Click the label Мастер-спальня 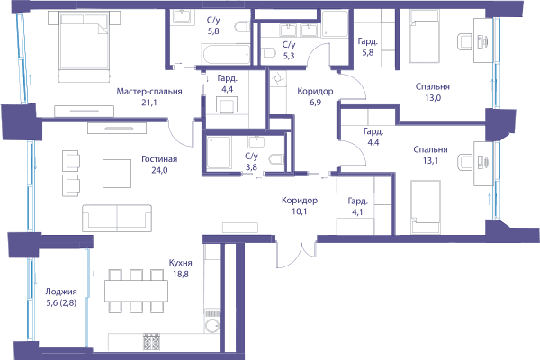[x=149, y=92]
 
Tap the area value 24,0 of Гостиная [x=159, y=170]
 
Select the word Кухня [x=181, y=263]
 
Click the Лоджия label [x=61, y=292]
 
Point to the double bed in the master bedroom [x=84, y=47]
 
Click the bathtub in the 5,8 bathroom [x=226, y=54]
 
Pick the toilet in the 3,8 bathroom [x=277, y=160]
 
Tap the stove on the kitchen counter [x=151, y=342]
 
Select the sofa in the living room [x=117, y=218]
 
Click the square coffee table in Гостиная [x=117, y=174]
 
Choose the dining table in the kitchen [x=137, y=291]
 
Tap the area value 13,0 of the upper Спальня [x=433, y=98]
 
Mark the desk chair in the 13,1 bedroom [x=464, y=163]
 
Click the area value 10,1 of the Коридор [x=300, y=211]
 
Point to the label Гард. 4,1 [x=357, y=207]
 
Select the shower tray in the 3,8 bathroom [x=219, y=153]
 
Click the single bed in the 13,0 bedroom [x=425, y=36]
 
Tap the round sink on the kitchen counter [x=212, y=326]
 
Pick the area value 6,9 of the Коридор [x=315, y=103]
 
